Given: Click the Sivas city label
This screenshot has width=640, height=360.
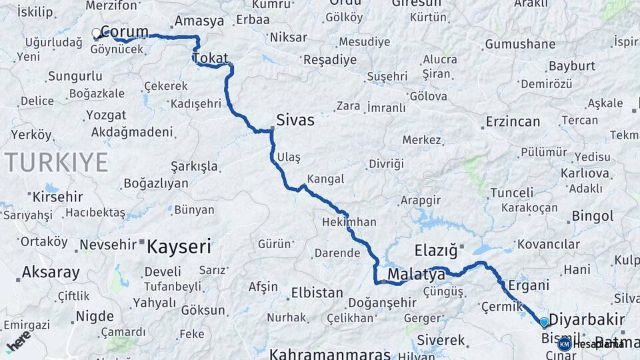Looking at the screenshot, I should coord(295,121).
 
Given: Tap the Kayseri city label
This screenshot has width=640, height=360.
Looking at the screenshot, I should coord(179,247).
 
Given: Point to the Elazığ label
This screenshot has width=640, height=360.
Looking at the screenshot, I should coord(436,251).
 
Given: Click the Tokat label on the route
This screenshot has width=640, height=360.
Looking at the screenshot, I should coord(210,58).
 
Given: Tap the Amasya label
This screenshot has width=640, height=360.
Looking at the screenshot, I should coord(199,21).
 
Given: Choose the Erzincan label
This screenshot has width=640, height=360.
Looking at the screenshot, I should coord(513,122).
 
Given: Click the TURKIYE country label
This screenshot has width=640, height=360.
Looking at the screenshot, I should coord(56,162).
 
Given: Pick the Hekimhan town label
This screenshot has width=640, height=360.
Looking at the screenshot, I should coord(349,222).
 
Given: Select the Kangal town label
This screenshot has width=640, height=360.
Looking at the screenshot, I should coord(325,179).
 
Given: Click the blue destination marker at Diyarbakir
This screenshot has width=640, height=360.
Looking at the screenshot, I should coord(544,323).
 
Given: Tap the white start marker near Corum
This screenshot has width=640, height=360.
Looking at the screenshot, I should coord(96,32).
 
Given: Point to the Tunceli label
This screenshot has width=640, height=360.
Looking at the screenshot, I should coord(512,193).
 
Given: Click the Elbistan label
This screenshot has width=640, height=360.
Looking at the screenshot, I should coord(317,293).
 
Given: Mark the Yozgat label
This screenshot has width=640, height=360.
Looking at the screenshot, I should coord(106,115).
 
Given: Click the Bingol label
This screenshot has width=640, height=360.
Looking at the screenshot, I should coord(592,216).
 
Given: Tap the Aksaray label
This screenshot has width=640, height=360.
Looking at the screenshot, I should coord(51,272).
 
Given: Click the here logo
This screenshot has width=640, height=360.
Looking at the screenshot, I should coord(19,341).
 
